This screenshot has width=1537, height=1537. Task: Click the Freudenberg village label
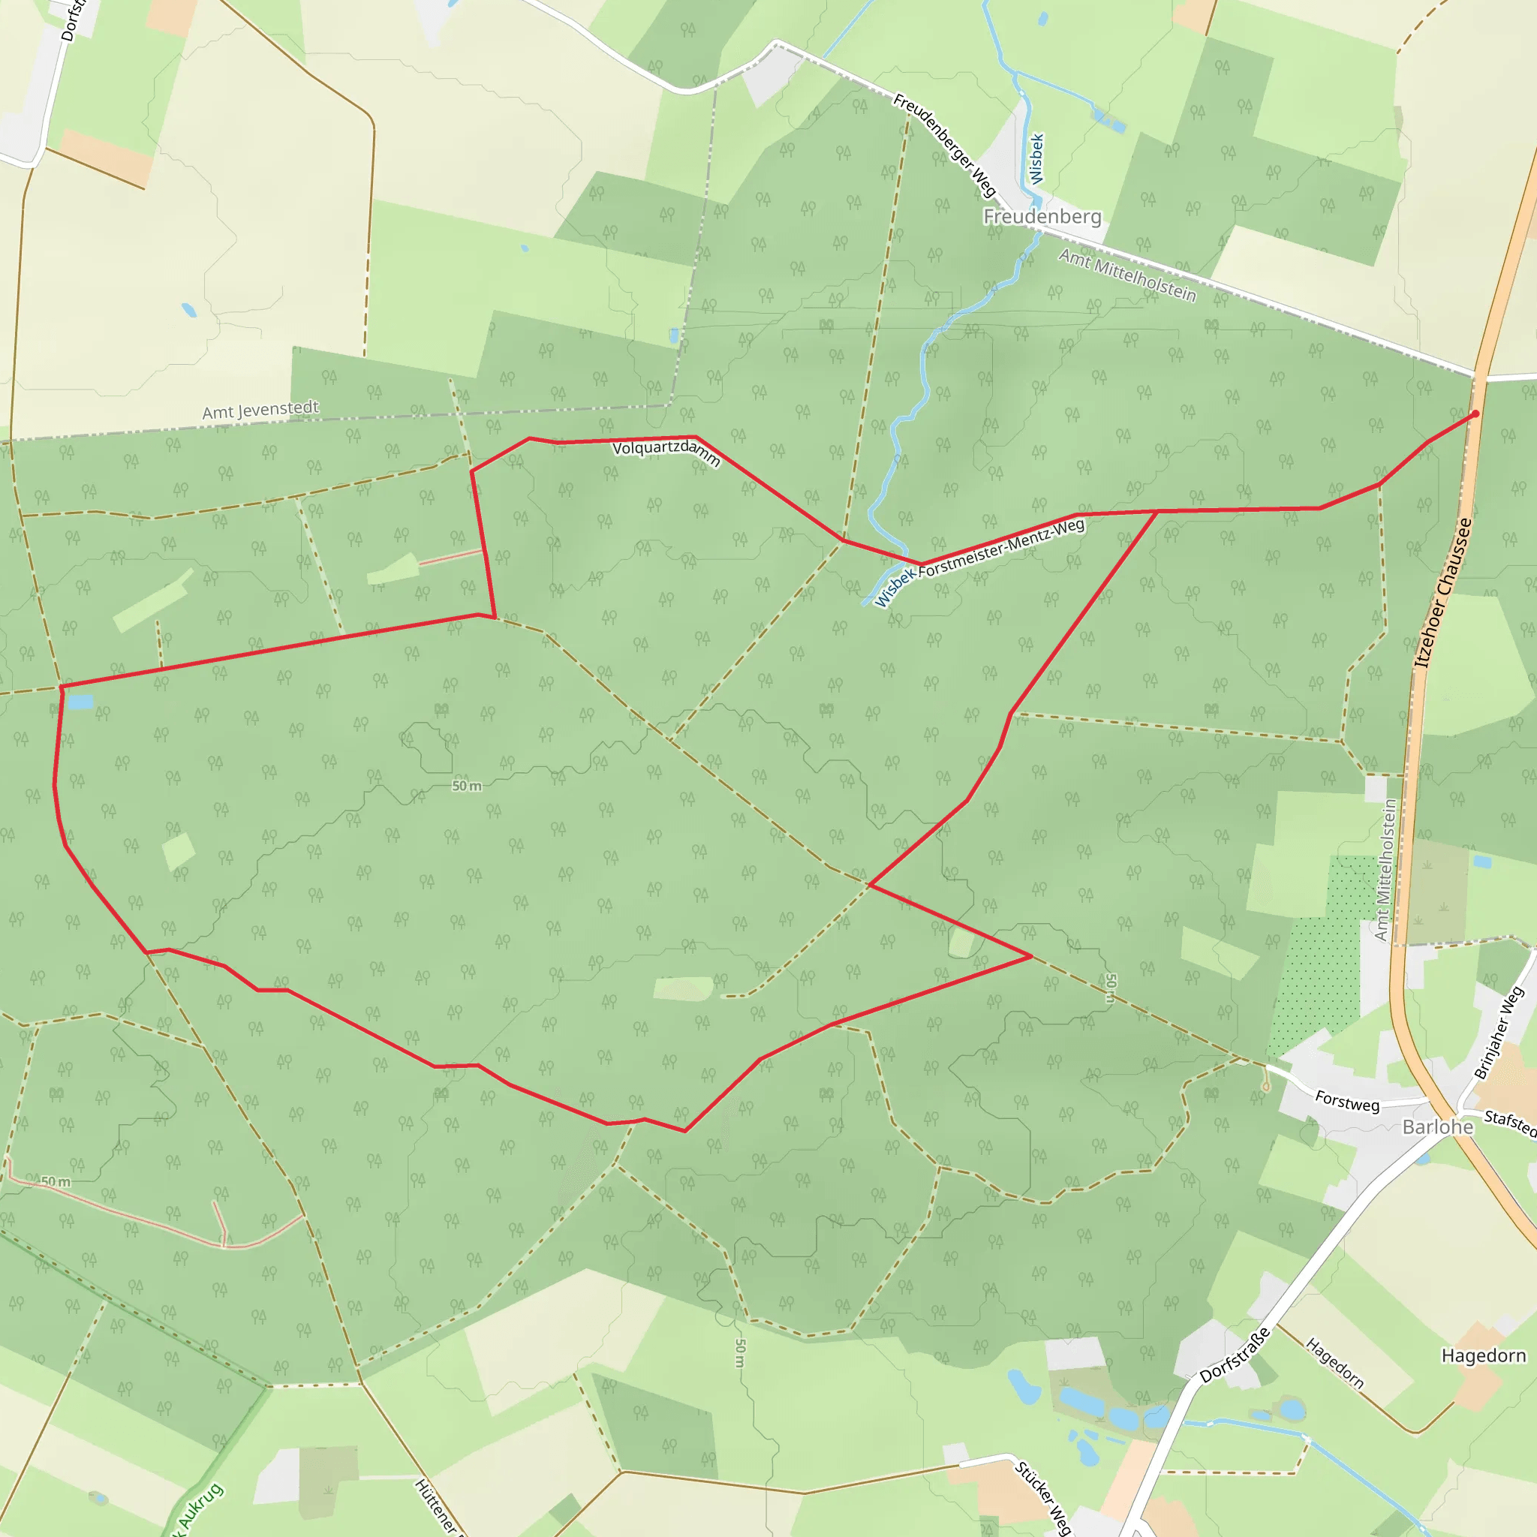1042,216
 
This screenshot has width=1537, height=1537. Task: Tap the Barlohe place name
1437,1126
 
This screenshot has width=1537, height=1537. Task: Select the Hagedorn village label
1484,1355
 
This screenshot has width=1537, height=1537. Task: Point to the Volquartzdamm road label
666,453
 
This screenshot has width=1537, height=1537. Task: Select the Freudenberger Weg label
944,145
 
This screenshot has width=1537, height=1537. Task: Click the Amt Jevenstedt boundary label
260,411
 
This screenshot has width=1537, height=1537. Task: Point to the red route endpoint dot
1475,414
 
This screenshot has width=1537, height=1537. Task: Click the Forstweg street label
1347,1101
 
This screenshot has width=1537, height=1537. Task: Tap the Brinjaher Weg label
1499,1033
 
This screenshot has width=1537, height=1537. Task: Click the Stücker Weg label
1043,1496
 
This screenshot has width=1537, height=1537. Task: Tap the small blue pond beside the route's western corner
80,702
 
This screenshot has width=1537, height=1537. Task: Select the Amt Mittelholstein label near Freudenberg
1126,276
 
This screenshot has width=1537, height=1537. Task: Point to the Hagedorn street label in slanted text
1335,1364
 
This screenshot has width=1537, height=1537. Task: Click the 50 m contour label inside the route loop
466,786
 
